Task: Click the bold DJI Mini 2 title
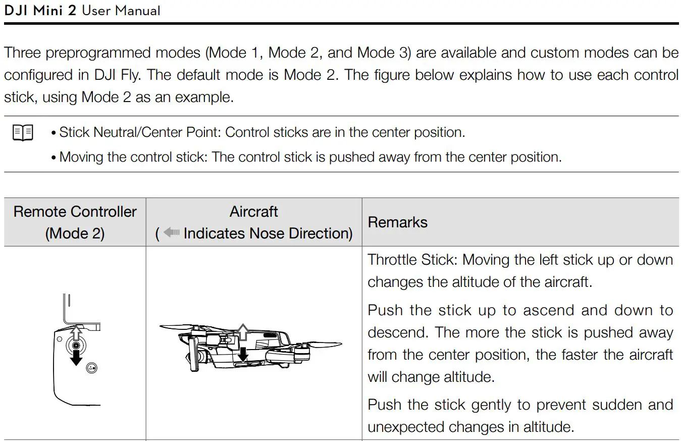40,10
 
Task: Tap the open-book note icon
23,133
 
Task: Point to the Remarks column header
397,222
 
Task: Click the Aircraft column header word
253,212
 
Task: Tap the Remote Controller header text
75,212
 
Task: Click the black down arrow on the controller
76,358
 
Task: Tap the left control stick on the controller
76,346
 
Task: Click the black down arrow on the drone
243,354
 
